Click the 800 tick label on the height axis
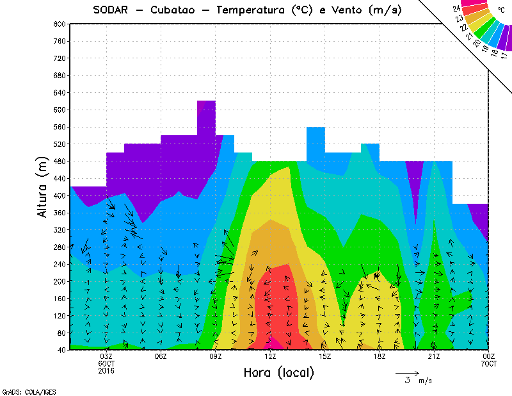(60, 24)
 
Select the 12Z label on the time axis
(271, 357)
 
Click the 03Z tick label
(106, 357)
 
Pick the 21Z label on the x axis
(434, 357)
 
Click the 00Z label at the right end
(489, 357)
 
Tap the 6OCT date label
(106, 364)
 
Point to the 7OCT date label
(489, 364)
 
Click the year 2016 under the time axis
(106, 371)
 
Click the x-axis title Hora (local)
(278, 372)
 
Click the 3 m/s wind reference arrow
(406, 372)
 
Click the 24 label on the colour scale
(456, 8)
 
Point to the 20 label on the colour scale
(476, 42)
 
